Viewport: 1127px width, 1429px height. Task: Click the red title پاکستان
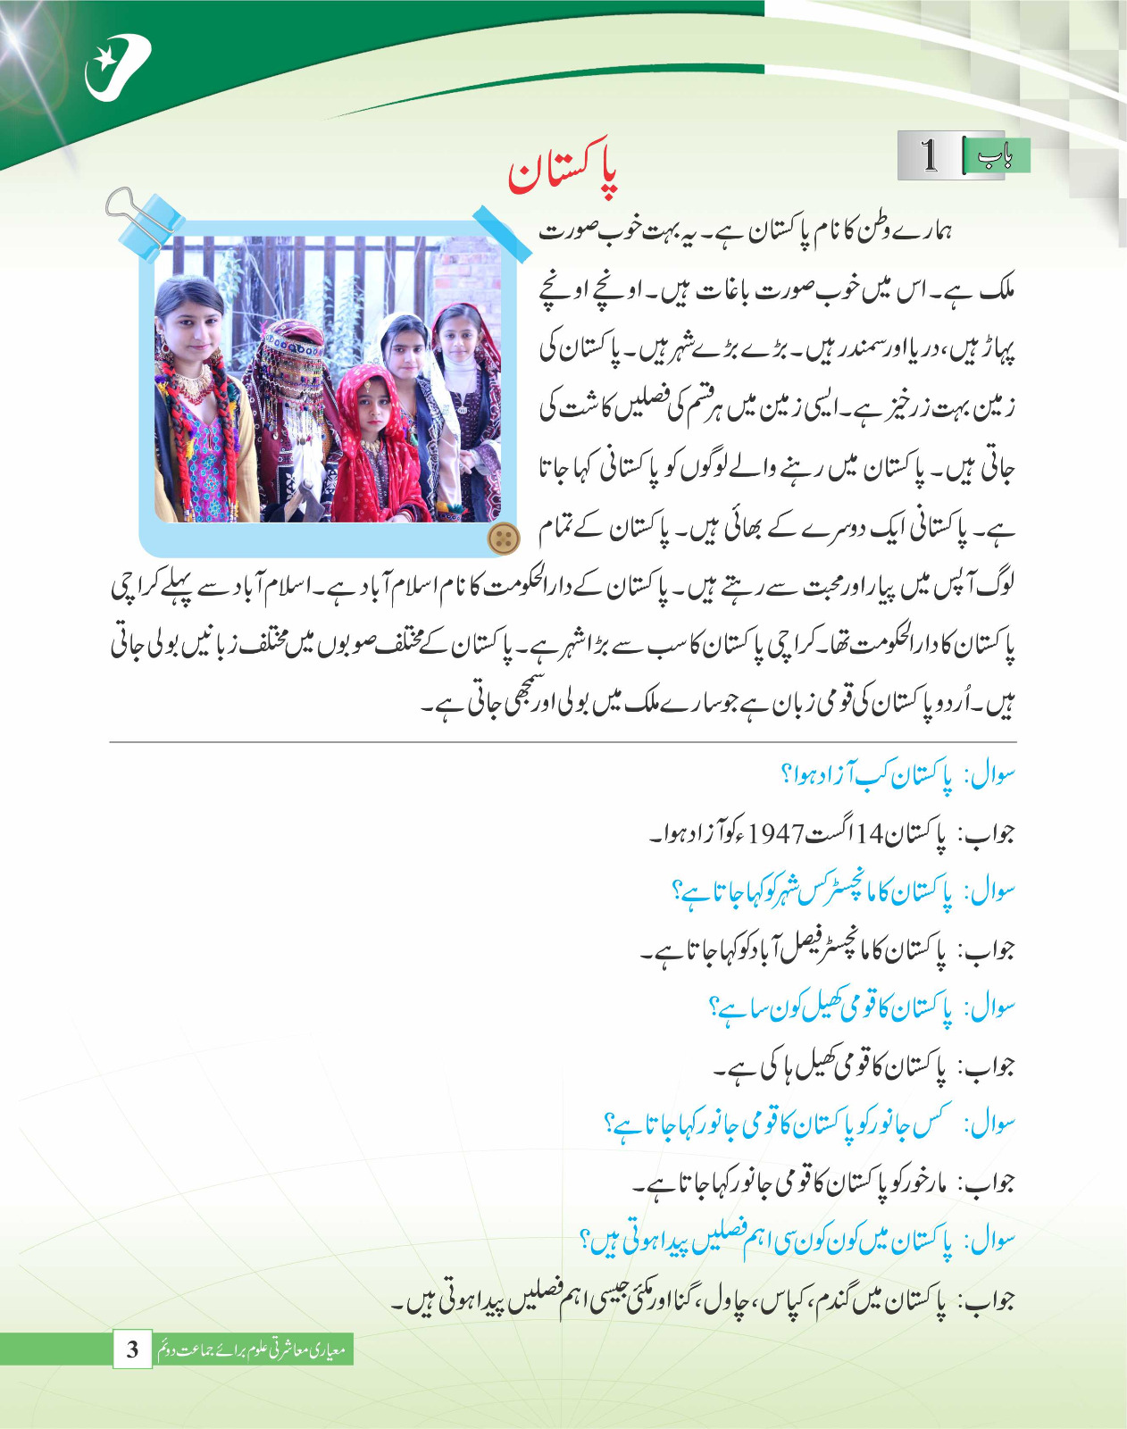(563, 171)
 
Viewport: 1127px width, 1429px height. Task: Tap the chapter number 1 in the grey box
(930, 155)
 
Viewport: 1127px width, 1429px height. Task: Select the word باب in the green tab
(994, 157)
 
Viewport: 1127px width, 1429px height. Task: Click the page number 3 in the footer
(132, 1349)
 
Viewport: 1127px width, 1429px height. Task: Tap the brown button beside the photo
(504, 538)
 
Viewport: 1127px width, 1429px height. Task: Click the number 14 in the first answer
(869, 834)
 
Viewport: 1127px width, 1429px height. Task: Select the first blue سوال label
(991, 775)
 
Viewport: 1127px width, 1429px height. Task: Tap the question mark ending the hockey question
(714, 1007)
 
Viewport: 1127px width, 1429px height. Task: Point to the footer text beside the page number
(252, 1350)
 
